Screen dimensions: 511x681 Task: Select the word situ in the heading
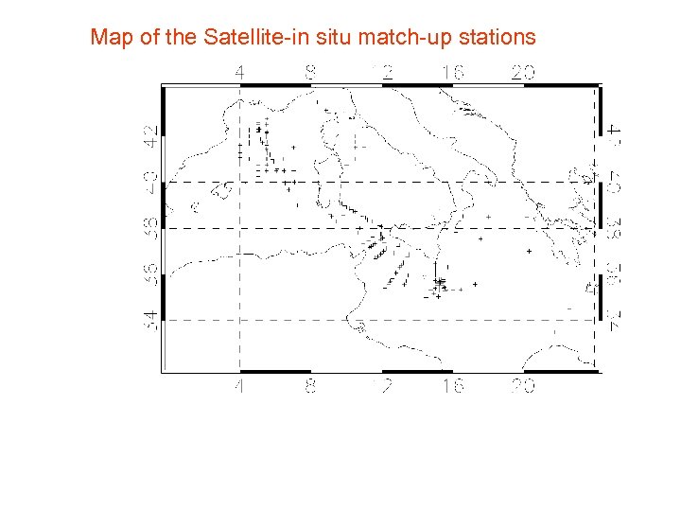357,38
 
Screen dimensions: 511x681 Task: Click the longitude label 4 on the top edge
240,72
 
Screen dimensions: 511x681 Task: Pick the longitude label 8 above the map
311,72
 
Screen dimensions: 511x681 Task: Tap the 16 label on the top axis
452,72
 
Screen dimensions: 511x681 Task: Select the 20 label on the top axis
523,72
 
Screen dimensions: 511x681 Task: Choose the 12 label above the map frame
382,72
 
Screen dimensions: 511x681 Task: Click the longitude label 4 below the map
240,387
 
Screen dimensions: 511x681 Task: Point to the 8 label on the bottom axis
311,387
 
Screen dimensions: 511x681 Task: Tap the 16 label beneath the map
452,387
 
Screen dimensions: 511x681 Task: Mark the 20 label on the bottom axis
523,387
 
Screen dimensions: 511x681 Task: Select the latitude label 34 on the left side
151,320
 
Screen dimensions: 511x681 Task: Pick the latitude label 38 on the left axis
151,228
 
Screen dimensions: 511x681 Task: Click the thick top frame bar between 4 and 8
275,85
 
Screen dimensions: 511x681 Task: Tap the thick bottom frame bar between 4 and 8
275,372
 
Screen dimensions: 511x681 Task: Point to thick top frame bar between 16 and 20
487,85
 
